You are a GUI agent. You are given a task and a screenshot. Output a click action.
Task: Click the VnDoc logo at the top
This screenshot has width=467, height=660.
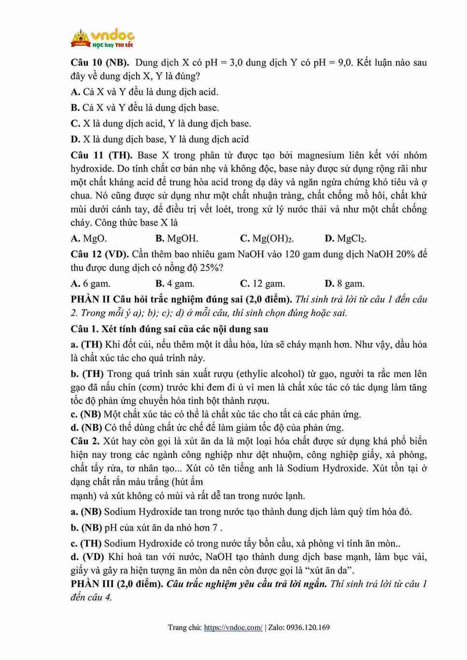[103, 38]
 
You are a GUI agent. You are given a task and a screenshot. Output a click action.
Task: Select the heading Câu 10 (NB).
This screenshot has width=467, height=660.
[99, 63]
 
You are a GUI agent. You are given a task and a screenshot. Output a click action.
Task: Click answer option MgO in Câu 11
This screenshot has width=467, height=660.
[89, 238]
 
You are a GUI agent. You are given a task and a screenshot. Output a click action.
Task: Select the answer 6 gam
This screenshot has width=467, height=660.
[91, 284]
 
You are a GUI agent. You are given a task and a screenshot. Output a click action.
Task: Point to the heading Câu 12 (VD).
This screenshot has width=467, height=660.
[99, 254]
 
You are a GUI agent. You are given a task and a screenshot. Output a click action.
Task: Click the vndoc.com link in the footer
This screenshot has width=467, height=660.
[233, 628]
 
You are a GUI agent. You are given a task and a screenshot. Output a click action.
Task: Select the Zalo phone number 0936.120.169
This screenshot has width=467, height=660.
[308, 628]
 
